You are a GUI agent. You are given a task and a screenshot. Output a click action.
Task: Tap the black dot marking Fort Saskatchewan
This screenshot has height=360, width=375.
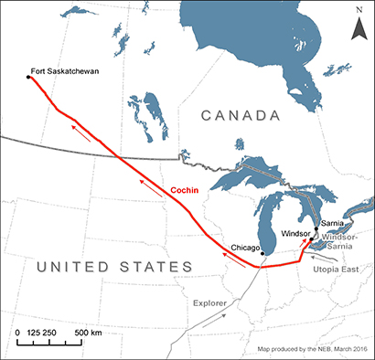[x=27, y=78]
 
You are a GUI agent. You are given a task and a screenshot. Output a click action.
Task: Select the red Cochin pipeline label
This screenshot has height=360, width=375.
[x=187, y=191]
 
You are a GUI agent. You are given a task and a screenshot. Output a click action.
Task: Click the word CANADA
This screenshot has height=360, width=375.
[x=241, y=116]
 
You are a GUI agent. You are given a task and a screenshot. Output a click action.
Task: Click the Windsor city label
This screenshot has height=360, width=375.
[x=295, y=232]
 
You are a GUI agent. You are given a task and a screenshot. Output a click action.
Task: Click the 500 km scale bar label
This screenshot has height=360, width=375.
[x=88, y=331]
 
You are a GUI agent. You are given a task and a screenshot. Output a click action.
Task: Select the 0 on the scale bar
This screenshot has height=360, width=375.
[x=18, y=331]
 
